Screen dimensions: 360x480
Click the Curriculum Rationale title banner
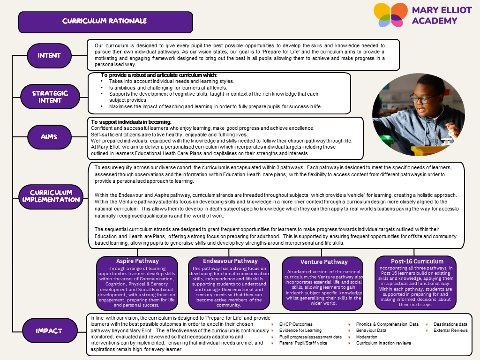(105, 22)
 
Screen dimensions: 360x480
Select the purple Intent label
(49, 55)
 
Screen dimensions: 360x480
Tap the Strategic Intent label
(50, 97)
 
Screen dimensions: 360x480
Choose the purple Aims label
(49, 137)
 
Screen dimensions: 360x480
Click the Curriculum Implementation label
(51, 196)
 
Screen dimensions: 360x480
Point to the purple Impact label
(49, 331)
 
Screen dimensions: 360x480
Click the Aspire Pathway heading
(137, 261)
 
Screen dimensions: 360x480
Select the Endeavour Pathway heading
(230, 261)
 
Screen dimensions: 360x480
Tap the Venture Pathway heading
(324, 262)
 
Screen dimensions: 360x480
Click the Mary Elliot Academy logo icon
(390, 15)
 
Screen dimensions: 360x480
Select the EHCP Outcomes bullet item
(296, 324)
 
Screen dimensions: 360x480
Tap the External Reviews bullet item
(450, 330)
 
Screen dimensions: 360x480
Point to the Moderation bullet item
(367, 337)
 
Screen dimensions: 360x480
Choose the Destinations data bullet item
(450, 324)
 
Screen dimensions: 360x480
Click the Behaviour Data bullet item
(372, 330)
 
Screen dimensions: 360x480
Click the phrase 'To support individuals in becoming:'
(131, 122)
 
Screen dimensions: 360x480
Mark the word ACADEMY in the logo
(435, 21)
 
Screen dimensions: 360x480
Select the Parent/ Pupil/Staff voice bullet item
(303, 343)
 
